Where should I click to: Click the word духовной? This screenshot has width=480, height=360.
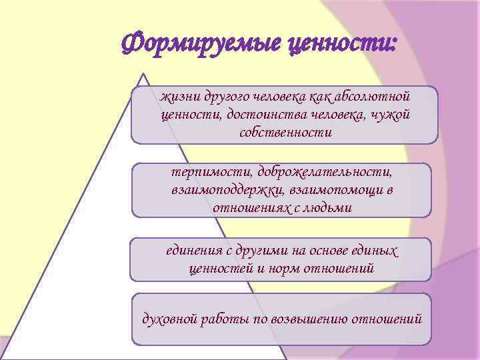[x=169, y=319]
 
